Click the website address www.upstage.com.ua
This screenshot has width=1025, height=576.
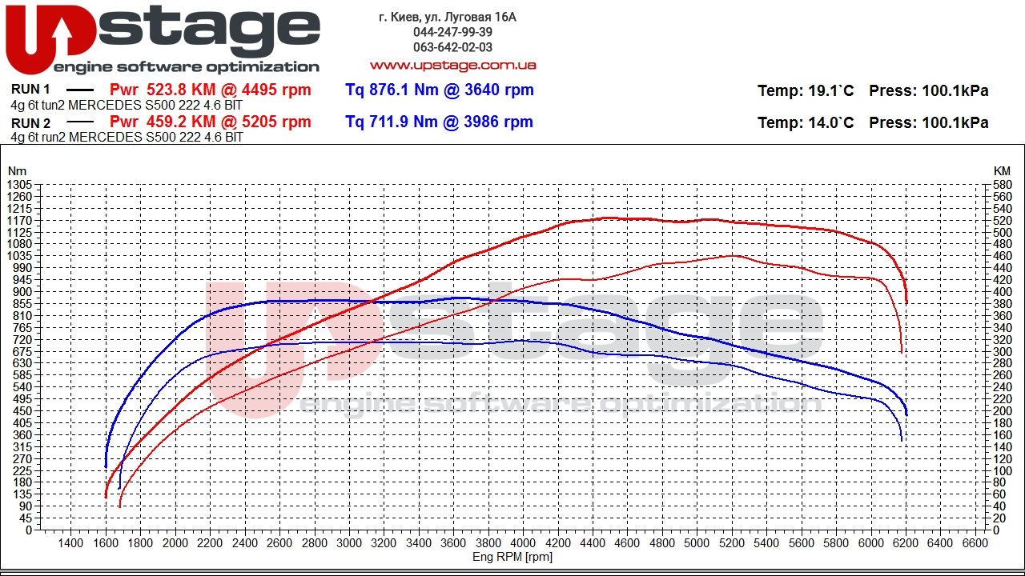[452, 65]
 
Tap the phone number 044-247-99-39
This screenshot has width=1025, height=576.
[452, 32]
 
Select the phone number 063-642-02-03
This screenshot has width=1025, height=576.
[452, 47]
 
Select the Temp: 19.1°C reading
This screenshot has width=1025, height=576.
[806, 91]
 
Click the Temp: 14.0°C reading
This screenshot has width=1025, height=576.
[806, 123]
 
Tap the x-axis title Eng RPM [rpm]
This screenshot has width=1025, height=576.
[512, 557]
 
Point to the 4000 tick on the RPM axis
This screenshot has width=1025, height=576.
[523, 543]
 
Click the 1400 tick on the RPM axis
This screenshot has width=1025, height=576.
[70, 543]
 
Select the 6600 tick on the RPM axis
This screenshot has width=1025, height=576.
[975, 543]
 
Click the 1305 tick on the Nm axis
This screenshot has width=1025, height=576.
[18, 185]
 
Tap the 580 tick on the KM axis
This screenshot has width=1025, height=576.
[1002, 185]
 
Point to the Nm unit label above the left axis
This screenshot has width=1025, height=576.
[17, 171]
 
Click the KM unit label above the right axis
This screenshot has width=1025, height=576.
[1002, 171]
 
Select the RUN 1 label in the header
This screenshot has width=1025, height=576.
[31, 90]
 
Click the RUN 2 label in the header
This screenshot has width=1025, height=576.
[31, 122]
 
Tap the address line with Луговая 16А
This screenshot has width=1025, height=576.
[448, 17]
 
